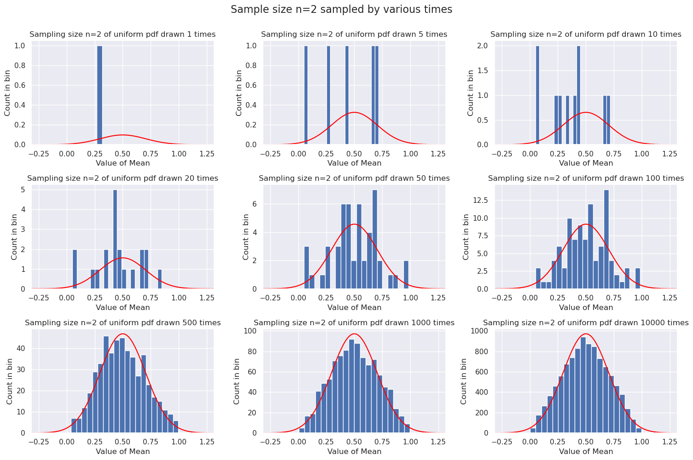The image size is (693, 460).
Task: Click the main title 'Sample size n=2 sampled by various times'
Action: click(341, 10)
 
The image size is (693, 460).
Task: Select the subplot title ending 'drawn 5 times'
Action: click(354, 34)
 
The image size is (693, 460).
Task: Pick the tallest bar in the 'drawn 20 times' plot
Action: click(115, 239)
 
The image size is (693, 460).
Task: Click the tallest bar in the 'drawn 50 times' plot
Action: click(375, 239)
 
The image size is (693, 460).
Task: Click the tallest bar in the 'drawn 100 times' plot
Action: click(606, 239)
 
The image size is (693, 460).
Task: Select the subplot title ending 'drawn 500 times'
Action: click(122, 323)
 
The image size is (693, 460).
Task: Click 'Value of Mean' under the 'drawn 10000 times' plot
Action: click(586, 452)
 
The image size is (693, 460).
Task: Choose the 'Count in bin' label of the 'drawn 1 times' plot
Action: click(8, 92)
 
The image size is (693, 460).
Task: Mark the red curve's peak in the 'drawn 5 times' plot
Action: click(354, 113)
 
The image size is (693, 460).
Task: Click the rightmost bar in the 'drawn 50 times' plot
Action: click(406, 275)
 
